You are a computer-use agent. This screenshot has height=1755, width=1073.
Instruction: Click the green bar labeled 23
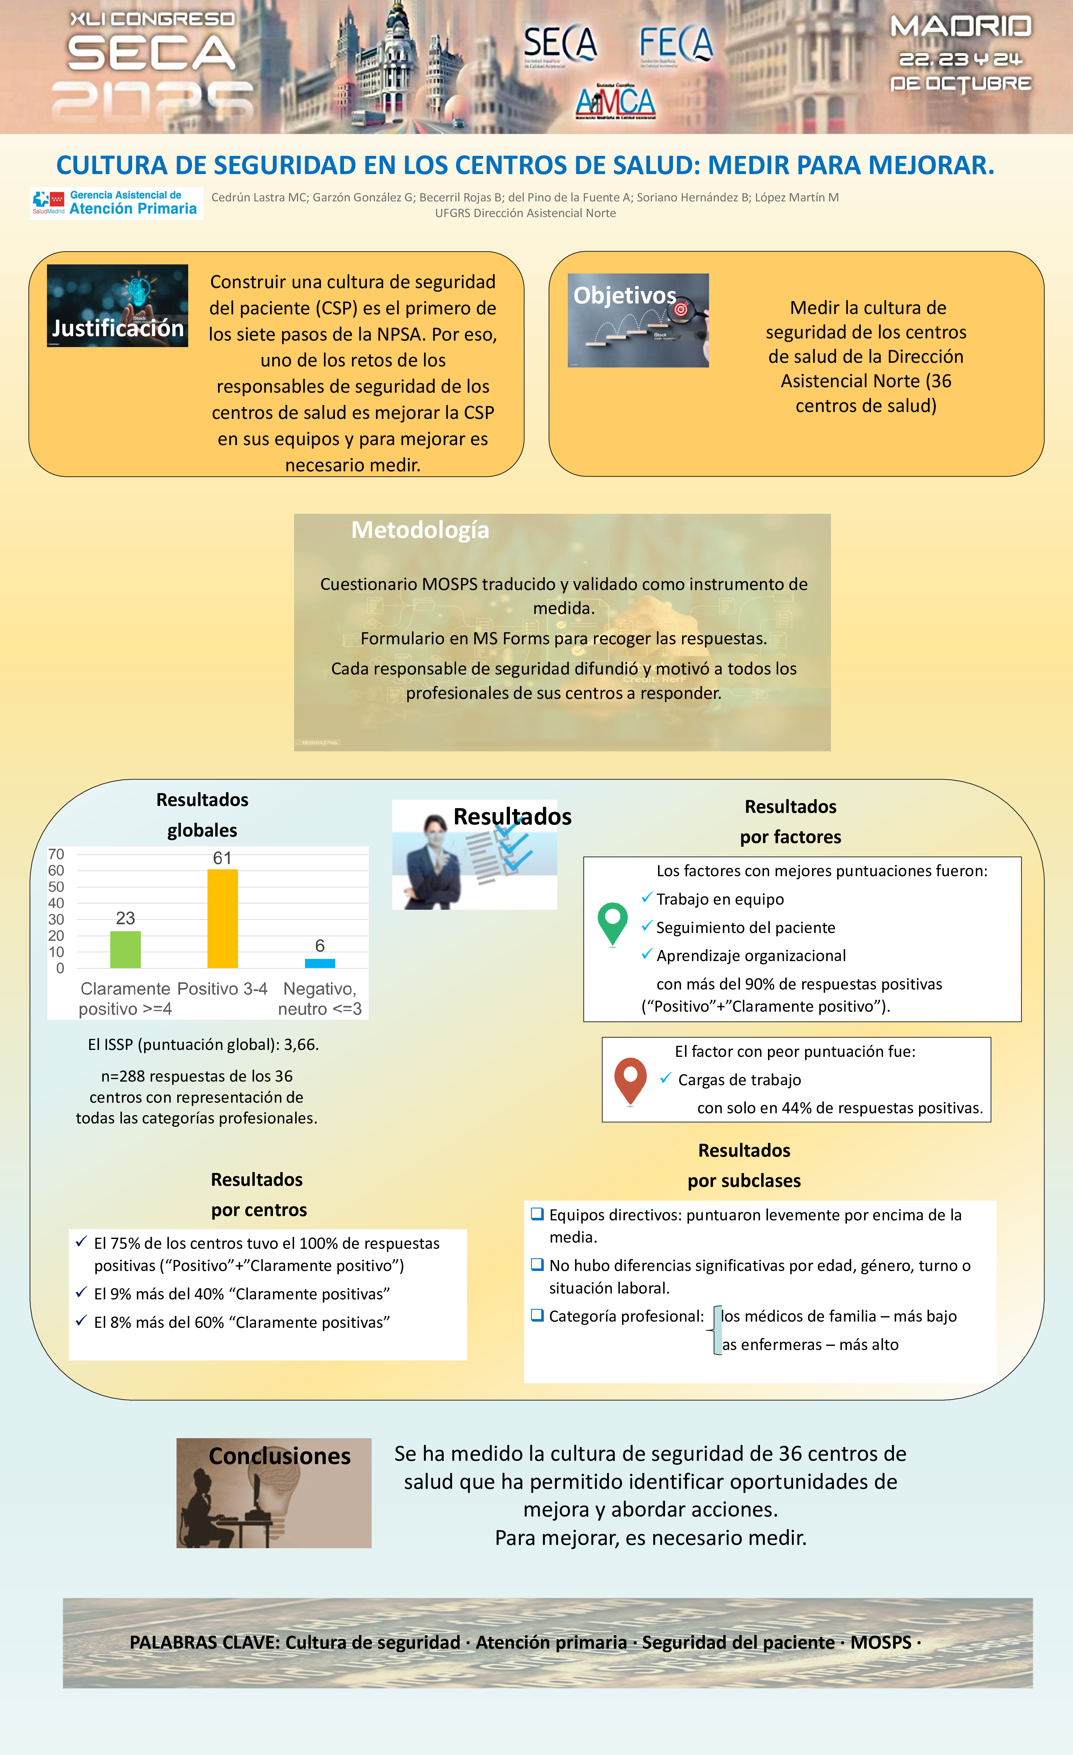[x=125, y=949]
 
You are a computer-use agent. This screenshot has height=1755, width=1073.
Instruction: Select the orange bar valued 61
[x=222, y=919]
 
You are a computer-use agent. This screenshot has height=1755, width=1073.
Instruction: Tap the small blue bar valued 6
[x=320, y=963]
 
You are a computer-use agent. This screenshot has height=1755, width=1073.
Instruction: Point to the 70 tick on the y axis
[x=56, y=854]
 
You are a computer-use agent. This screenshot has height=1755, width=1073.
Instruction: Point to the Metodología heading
[x=420, y=530]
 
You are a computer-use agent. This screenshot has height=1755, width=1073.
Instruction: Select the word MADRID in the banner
[x=961, y=27]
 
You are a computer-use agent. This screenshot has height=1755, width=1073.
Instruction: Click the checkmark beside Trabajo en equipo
[x=646, y=898]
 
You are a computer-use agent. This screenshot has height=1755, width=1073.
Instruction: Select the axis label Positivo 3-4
[x=222, y=989]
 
